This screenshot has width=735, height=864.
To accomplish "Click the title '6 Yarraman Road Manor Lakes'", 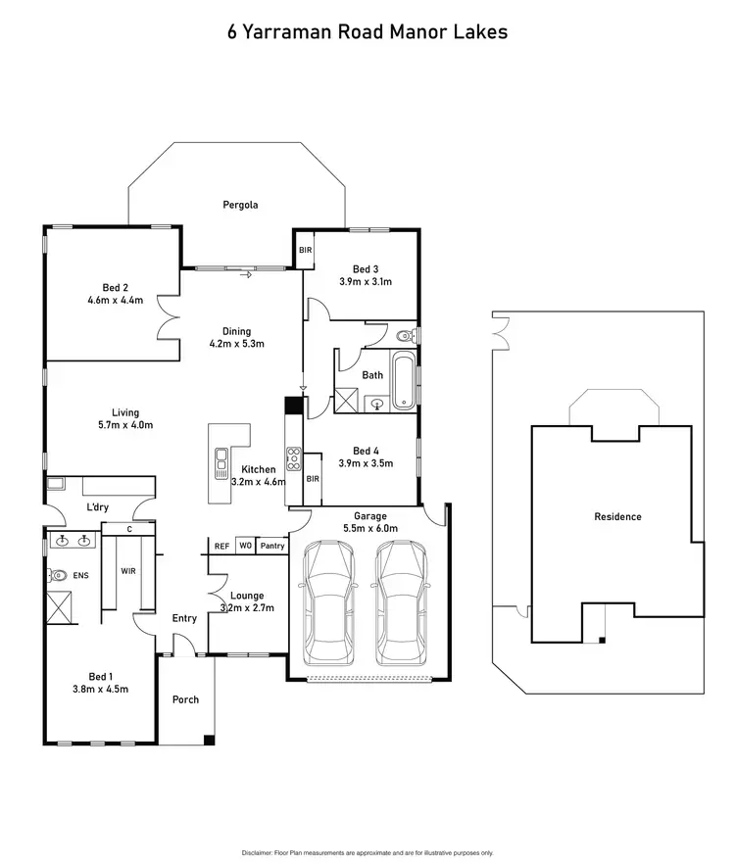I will click(x=367, y=31).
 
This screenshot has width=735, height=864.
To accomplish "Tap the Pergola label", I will click(x=238, y=206).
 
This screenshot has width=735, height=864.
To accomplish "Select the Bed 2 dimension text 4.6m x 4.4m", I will click(x=115, y=300).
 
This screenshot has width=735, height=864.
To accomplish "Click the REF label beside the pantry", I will click(x=221, y=546).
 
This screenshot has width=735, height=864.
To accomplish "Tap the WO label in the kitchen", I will click(x=245, y=546).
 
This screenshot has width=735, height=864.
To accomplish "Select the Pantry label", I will click(x=272, y=546).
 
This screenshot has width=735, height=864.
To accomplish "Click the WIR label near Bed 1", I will click(x=127, y=570).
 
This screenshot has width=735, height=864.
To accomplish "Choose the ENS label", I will click(x=80, y=576).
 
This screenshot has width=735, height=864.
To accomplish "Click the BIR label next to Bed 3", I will click(x=305, y=251).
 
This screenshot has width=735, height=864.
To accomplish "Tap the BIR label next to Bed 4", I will click(x=313, y=479).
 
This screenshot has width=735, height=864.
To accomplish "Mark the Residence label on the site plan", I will click(x=617, y=516).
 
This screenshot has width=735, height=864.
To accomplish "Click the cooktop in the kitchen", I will click(x=292, y=456).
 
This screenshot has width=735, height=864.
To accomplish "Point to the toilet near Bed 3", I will click(x=405, y=336).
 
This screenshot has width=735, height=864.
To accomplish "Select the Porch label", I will click(x=185, y=699).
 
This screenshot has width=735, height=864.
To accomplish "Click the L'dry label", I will click(x=97, y=506).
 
